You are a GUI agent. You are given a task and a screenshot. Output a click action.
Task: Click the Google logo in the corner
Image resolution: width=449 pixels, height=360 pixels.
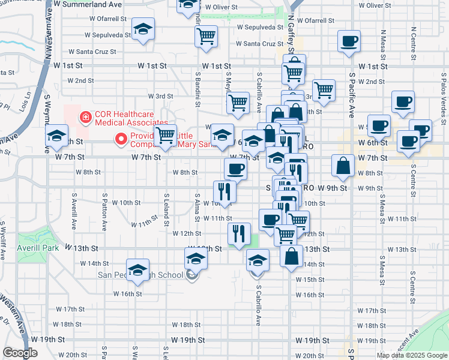coord(20,353)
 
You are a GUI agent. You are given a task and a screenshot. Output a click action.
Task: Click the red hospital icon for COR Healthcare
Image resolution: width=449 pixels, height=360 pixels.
coord(86,116)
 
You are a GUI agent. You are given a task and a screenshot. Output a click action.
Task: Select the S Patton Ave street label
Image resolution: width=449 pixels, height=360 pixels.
coord(104,211)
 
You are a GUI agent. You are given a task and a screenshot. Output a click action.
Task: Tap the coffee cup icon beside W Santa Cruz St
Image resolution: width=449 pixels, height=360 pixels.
coord(349,41)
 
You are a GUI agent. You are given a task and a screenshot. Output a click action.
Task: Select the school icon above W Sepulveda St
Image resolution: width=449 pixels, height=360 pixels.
coord(143,29)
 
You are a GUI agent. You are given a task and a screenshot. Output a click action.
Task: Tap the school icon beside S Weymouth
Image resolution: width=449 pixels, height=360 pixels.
coord(56,136)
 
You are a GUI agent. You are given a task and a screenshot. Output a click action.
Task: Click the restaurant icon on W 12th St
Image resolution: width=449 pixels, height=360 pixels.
coord(239,233)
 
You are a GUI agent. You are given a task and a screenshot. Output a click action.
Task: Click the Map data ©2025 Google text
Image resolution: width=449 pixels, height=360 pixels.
coord(412,355)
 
